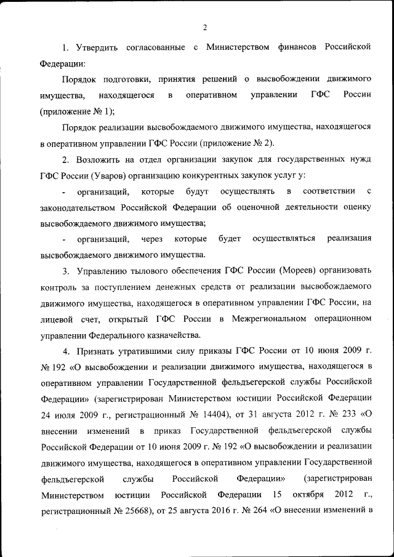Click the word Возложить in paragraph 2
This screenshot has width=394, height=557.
tap(100, 159)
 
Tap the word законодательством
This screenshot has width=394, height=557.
tap(78, 207)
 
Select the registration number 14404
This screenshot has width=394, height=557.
tap(231, 414)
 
